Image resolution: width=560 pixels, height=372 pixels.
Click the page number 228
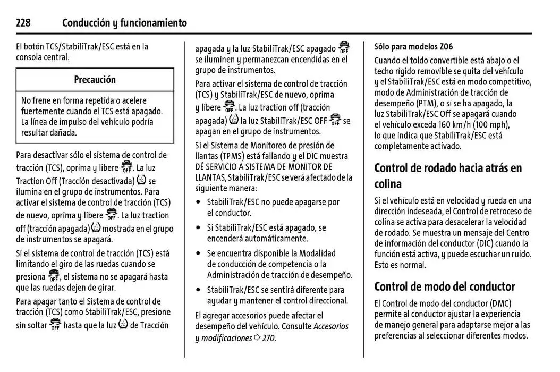click(x=23, y=23)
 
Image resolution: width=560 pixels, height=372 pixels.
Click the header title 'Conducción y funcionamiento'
click(x=124, y=23)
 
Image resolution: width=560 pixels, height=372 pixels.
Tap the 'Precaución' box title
click(x=95, y=80)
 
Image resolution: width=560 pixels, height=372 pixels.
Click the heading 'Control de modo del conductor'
click(x=444, y=287)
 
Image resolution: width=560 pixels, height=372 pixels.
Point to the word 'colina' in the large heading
click(x=388, y=184)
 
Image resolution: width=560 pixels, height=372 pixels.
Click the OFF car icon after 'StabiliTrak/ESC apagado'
click(x=344, y=48)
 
